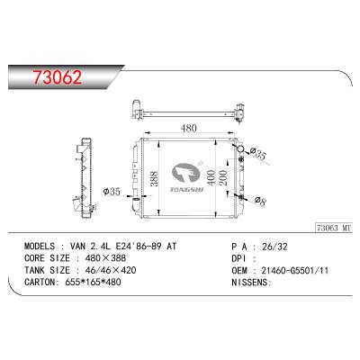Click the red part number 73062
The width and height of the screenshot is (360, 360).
58,77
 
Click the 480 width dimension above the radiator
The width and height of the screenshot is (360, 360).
189,128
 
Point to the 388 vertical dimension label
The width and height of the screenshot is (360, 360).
154,179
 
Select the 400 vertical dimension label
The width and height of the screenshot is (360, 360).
211,177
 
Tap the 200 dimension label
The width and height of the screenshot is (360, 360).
223,177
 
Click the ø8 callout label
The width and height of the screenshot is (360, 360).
260,201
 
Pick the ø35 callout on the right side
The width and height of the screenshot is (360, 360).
258,154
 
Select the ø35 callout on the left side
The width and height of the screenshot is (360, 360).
112,191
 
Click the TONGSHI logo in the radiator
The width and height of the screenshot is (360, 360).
186,178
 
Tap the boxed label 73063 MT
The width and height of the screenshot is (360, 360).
333,228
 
